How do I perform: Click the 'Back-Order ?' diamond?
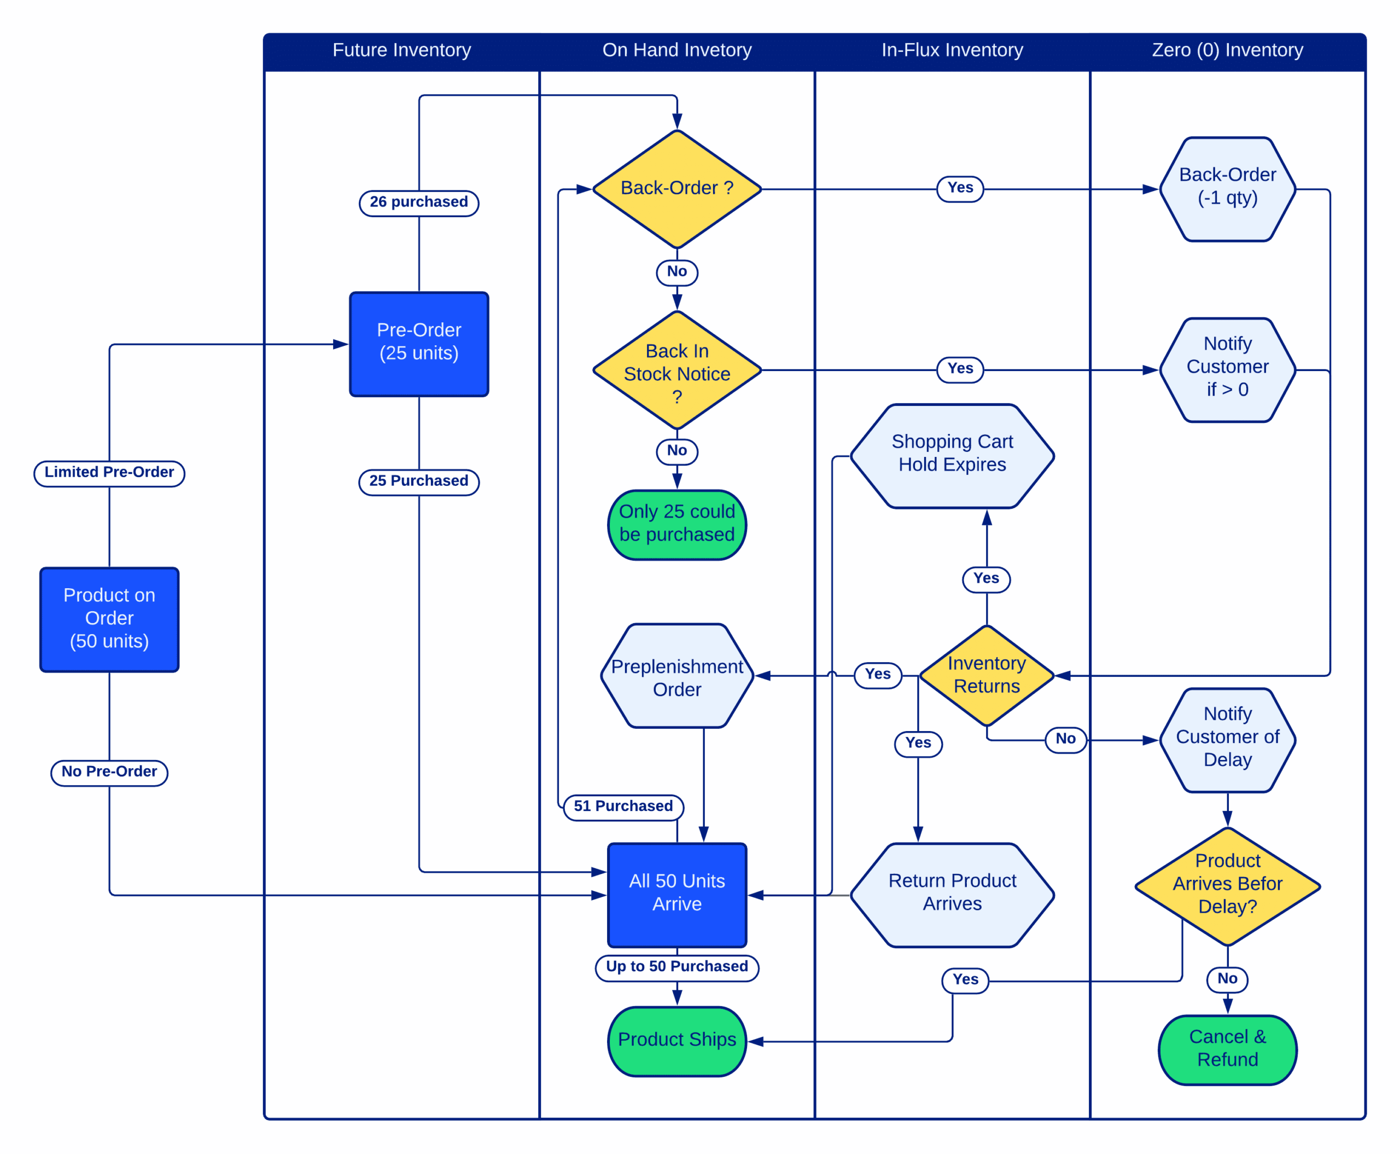coord(676,189)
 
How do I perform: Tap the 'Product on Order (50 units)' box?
coord(109,619)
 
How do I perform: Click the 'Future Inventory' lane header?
coord(401,50)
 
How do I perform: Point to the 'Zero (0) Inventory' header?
coord(1227,50)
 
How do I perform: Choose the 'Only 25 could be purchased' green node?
coord(676,524)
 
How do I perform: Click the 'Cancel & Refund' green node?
coord(1227,1048)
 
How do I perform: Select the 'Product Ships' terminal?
coord(676,1040)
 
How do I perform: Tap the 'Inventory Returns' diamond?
coord(986,675)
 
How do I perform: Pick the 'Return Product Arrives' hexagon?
coord(952,893)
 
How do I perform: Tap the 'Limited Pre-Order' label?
coord(109,473)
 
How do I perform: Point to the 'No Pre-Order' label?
coord(109,772)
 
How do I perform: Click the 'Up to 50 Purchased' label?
coord(676,966)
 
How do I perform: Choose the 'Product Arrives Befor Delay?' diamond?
coord(1227,885)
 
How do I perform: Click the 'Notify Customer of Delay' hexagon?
coord(1227,738)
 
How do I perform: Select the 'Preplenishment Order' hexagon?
coord(676,677)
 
